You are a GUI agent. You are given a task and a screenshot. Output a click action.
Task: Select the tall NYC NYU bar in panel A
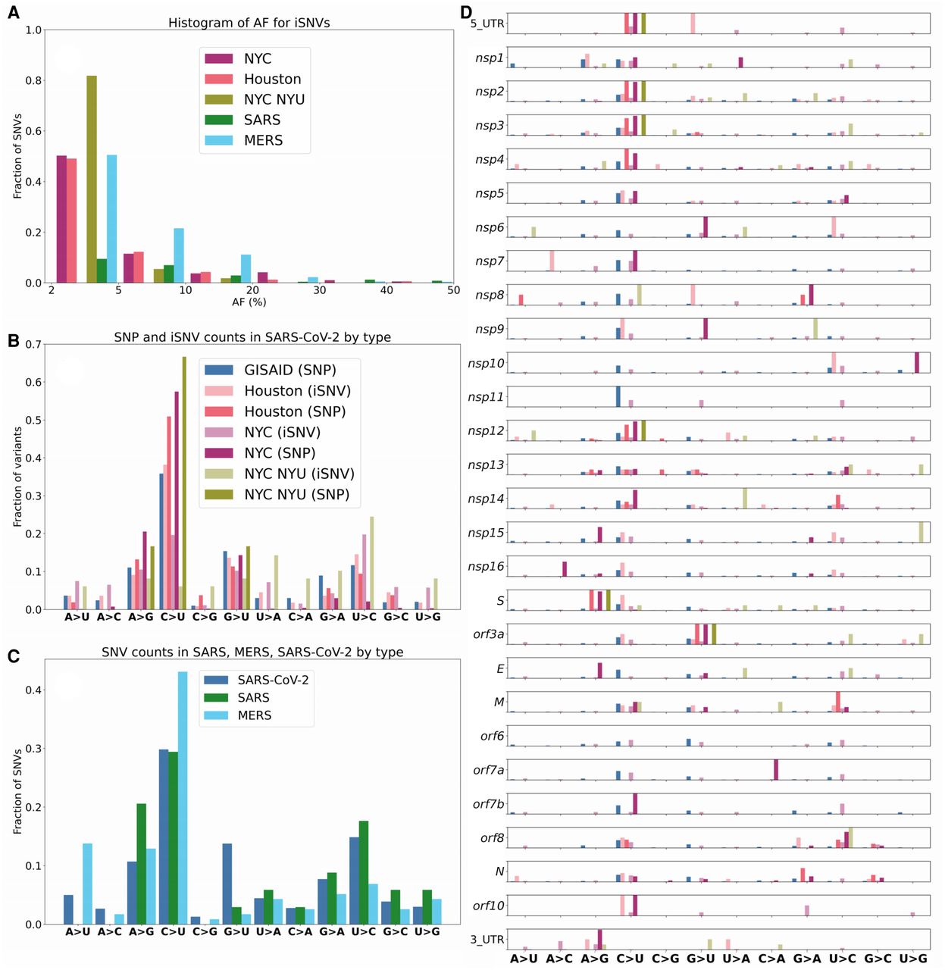click(x=92, y=179)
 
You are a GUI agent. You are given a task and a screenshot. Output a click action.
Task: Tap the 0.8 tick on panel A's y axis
click(x=34, y=80)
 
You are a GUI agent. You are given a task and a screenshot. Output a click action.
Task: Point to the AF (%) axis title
click(x=249, y=302)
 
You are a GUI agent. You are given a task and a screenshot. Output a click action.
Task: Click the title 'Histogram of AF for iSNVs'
click(x=249, y=23)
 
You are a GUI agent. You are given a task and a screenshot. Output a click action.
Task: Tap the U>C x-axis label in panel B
click(x=364, y=618)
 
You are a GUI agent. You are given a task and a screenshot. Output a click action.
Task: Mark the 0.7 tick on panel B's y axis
click(x=34, y=344)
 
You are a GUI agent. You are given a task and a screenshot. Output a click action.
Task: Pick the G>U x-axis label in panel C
click(x=236, y=932)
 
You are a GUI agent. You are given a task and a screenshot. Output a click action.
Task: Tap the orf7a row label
click(x=489, y=771)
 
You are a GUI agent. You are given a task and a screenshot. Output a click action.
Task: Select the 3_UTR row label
click(x=487, y=940)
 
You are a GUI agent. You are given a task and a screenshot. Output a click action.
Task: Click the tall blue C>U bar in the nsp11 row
click(x=618, y=396)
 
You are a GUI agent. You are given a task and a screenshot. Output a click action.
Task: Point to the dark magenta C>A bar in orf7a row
click(x=776, y=769)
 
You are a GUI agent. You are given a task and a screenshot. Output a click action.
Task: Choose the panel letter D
click(x=466, y=12)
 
